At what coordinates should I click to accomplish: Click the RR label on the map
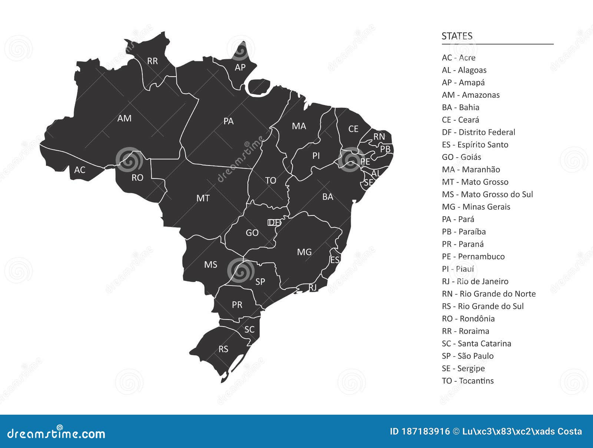pyautogui.click(x=152, y=61)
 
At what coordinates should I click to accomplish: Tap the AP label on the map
pyautogui.click(x=240, y=67)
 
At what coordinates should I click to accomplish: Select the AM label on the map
pyautogui.click(x=124, y=118)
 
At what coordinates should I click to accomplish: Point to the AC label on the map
pyautogui.click(x=80, y=170)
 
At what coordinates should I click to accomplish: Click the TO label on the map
pyautogui.click(x=271, y=181)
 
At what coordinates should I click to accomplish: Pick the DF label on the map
pyautogui.click(x=274, y=223)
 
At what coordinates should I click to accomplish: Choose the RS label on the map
pyautogui.click(x=223, y=349)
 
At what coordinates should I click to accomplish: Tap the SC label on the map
pyautogui.click(x=249, y=330)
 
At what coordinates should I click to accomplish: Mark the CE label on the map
pyautogui.click(x=353, y=129)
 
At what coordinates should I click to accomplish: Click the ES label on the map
pyautogui.click(x=335, y=260)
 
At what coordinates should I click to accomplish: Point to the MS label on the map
pyautogui.click(x=211, y=265)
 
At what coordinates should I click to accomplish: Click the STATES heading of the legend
pyautogui.click(x=457, y=36)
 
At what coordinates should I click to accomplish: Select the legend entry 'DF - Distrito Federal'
pyautogui.click(x=478, y=132)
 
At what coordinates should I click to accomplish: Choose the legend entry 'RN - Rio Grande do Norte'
pyautogui.click(x=488, y=294)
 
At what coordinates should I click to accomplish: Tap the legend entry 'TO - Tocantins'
pyautogui.click(x=468, y=381)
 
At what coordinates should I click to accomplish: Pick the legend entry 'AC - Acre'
pyautogui.click(x=458, y=58)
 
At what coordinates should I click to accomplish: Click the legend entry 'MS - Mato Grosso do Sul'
pyautogui.click(x=487, y=194)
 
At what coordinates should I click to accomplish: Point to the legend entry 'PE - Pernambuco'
pyautogui.click(x=473, y=257)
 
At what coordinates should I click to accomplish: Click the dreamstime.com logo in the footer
pyautogui.click(x=56, y=433)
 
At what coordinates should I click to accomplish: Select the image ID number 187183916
pyautogui.click(x=425, y=432)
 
